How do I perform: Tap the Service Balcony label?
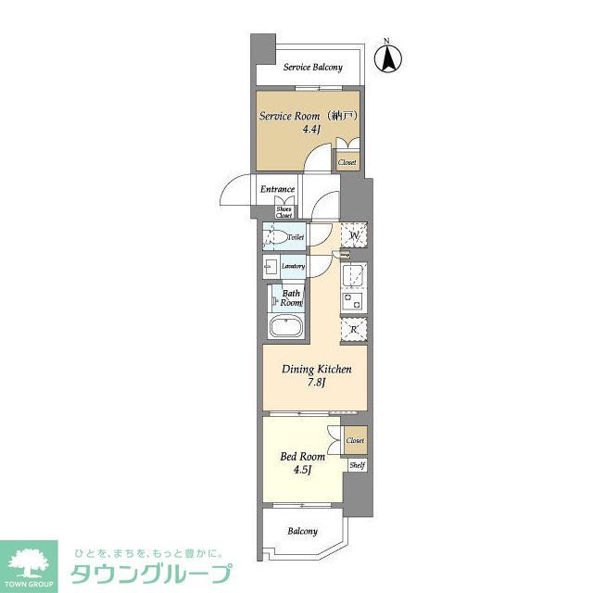point(312,68)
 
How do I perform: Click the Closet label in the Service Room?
point(347,162)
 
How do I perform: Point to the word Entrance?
point(277,189)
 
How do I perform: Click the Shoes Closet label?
point(284,212)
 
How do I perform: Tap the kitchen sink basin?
point(354,277)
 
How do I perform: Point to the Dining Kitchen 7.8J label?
point(315,374)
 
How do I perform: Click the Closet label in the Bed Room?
point(356,440)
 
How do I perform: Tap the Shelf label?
point(357,466)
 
